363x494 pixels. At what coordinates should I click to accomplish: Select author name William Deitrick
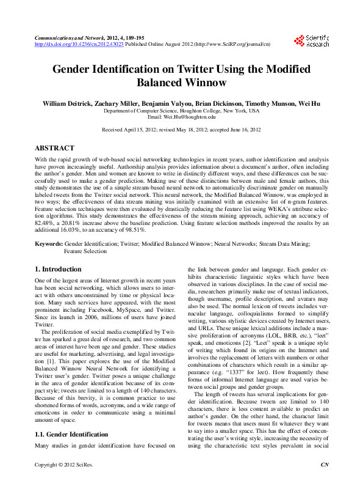[x=68, y=104]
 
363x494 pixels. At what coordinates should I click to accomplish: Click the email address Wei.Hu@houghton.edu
[x=181, y=117]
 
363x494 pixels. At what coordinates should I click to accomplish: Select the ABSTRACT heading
[x=55, y=148]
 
